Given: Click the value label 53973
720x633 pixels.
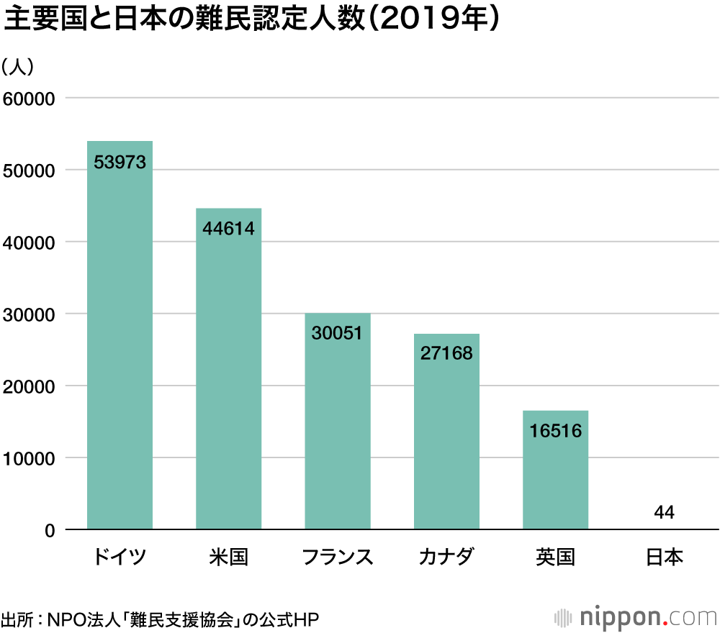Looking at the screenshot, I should (120, 163).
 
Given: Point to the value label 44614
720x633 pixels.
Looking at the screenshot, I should (228, 229).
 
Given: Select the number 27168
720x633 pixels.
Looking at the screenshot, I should (446, 354).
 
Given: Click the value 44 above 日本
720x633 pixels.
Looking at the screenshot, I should (664, 512).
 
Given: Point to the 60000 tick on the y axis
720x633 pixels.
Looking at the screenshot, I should (30, 99).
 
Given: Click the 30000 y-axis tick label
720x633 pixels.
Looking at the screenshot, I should (30, 314).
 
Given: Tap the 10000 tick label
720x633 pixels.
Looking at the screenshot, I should (30, 458).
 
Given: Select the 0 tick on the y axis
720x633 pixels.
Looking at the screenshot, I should (50, 531).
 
